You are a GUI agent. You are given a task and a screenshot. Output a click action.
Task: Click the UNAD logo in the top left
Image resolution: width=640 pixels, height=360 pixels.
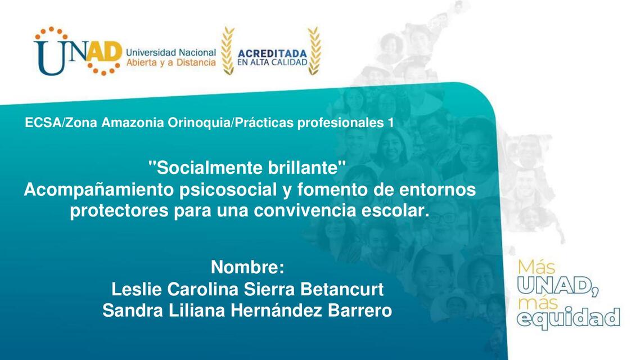(78, 51)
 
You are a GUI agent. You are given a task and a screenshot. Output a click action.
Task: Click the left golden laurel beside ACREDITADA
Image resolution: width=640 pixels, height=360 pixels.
(227, 51)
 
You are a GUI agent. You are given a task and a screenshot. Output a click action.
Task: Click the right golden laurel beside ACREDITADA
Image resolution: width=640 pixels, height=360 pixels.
(314, 51)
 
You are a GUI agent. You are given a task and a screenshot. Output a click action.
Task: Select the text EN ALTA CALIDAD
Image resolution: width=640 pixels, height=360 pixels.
(272, 62)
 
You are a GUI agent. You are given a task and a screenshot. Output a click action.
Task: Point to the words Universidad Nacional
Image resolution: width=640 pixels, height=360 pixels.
(171, 52)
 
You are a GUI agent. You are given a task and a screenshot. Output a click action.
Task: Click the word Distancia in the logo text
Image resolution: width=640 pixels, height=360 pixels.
(195, 62)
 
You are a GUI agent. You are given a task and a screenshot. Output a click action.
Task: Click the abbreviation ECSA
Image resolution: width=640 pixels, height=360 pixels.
(43, 123)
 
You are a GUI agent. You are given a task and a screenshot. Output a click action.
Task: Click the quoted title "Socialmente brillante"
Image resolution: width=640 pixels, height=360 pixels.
(246, 167)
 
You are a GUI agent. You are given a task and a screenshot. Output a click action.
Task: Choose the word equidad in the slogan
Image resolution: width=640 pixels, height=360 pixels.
(568, 318)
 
